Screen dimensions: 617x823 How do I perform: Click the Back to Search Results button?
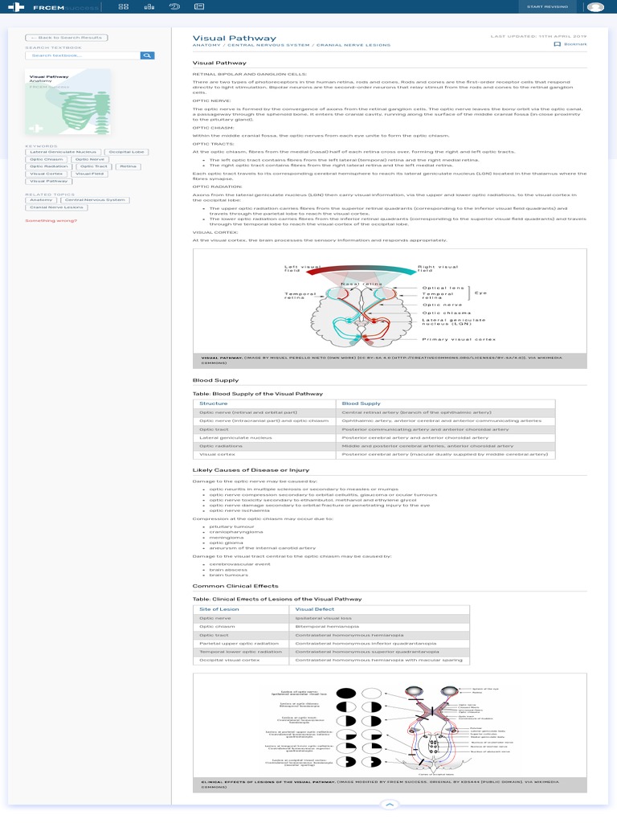tap(67, 38)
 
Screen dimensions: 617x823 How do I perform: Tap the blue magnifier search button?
tap(147, 55)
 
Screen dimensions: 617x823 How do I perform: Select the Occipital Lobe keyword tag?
tap(127, 151)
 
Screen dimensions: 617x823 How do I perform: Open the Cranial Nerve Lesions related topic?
tap(56, 207)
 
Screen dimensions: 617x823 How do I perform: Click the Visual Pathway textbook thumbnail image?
tap(68, 102)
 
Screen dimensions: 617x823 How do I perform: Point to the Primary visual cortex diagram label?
tap(459, 339)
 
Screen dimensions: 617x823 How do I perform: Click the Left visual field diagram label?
tap(302, 268)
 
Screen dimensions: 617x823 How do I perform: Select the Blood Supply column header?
tap(362, 403)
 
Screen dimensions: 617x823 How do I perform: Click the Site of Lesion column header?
tap(219, 609)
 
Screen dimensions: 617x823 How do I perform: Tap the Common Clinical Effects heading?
tap(230, 586)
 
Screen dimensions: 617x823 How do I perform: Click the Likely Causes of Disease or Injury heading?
tap(251, 469)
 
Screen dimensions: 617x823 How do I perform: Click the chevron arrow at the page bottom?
tap(388, 804)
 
